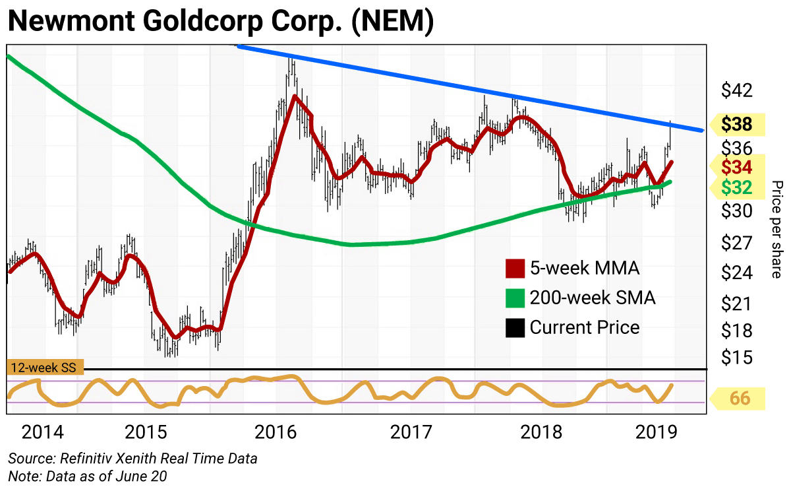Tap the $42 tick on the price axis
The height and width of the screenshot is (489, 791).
point(736,90)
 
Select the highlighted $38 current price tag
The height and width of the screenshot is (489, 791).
point(738,124)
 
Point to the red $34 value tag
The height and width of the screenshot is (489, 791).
point(737,166)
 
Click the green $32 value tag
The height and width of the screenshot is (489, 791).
point(737,188)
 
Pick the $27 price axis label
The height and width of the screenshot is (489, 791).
point(736,244)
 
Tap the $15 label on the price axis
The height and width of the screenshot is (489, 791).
point(736,357)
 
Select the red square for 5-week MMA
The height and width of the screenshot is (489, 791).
point(514,269)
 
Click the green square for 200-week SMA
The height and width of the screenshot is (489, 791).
point(514,298)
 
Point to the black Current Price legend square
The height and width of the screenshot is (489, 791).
point(514,327)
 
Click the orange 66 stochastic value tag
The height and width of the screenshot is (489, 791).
point(738,399)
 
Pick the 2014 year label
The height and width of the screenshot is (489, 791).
point(43,432)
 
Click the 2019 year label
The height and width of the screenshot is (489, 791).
point(656,432)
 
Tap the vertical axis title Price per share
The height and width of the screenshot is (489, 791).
point(776,229)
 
